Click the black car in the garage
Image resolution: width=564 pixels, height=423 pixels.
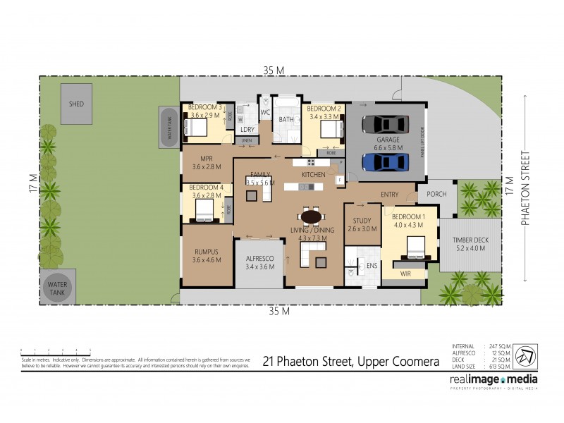tap(385, 124)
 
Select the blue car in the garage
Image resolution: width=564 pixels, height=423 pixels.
tap(385, 162)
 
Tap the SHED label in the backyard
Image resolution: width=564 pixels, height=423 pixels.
tap(76, 104)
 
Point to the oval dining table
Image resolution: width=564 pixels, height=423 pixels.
tap(311, 216)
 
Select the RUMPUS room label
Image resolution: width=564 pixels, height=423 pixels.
tap(207, 256)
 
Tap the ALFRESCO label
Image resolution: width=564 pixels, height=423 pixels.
tap(260, 263)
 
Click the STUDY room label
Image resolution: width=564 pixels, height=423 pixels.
tap(362, 224)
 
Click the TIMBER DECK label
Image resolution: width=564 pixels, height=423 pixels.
tap(469, 243)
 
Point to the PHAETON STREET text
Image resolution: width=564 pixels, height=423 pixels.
tap(525, 188)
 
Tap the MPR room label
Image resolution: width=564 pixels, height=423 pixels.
tap(207, 163)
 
